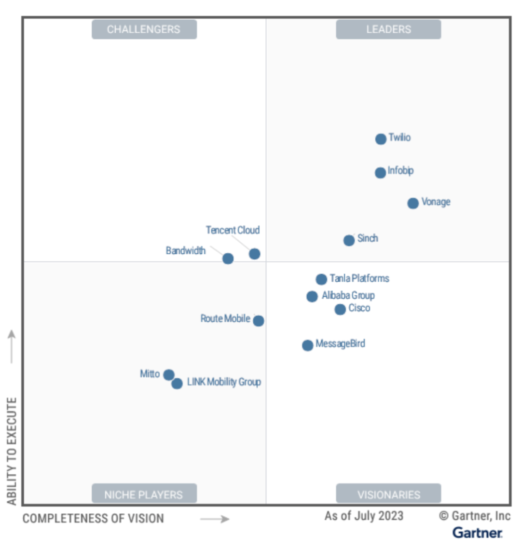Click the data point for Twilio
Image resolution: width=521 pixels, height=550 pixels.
pos(381,139)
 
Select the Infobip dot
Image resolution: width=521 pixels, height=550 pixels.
pos(380,172)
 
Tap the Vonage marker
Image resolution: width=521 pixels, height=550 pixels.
pos(413,203)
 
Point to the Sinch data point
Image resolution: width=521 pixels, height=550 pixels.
pos(349,240)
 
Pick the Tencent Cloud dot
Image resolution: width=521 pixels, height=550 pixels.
pos(254,254)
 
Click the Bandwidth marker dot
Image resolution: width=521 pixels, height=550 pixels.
pos(228,259)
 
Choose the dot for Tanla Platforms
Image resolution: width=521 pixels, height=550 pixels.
pos(321,279)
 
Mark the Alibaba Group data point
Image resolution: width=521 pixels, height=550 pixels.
pos(312,296)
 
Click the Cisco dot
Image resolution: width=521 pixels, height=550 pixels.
pos(340,309)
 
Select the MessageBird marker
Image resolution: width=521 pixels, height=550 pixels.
pos(307,345)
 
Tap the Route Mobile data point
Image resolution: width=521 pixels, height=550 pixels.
pos(259,321)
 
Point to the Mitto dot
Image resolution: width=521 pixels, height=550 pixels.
pos(168,375)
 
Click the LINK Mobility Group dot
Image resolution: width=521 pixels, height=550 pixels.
pos(177,384)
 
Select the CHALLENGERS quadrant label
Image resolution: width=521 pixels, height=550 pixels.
pos(144,29)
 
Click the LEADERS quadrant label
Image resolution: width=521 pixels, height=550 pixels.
pos(388,29)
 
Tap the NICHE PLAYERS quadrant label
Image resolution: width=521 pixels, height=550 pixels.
pos(144,494)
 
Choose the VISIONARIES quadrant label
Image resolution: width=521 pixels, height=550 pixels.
pos(388,494)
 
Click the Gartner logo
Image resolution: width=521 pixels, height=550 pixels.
pos(478,533)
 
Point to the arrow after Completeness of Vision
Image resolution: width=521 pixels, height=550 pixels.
pos(215,519)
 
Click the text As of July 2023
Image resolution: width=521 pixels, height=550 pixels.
pos(364,516)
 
